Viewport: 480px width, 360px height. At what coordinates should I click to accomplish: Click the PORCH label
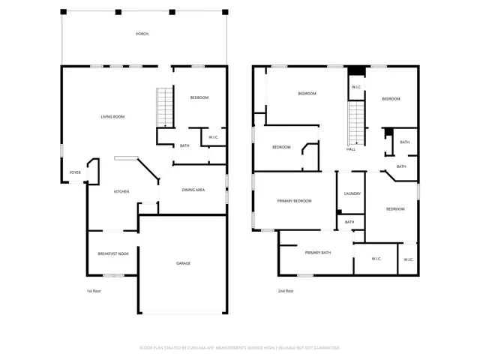tap(142, 34)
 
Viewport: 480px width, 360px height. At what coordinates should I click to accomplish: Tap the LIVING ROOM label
tap(112, 116)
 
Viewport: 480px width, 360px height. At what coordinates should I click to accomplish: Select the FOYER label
tap(75, 172)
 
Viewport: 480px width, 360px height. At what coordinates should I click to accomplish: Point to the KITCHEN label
tap(121, 191)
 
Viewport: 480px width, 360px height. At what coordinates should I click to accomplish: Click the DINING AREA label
tap(193, 190)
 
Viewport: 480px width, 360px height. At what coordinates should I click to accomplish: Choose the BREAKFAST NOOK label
tap(113, 254)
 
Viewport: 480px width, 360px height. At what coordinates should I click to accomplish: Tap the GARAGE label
tap(183, 263)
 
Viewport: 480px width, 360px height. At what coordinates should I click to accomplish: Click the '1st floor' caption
tap(93, 291)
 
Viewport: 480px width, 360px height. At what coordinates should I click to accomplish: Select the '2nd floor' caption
tap(285, 291)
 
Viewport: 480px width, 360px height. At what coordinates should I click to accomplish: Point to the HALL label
tap(350, 149)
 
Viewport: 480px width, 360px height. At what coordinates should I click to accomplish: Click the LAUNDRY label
tap(352, 193)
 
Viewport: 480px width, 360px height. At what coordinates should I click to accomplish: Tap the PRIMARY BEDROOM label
tap(294, 201)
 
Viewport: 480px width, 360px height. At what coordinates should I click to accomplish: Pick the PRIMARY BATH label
tap(318, 253)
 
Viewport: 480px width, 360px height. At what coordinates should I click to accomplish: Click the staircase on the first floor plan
tap(164, 107)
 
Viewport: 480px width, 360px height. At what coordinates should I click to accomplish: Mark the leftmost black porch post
tap(63, 12)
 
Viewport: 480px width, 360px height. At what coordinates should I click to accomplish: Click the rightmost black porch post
tap(225, 12)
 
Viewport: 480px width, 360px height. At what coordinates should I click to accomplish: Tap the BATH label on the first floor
tap(184, 145)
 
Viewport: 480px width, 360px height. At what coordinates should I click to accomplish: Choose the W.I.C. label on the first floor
tap(214, 137)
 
